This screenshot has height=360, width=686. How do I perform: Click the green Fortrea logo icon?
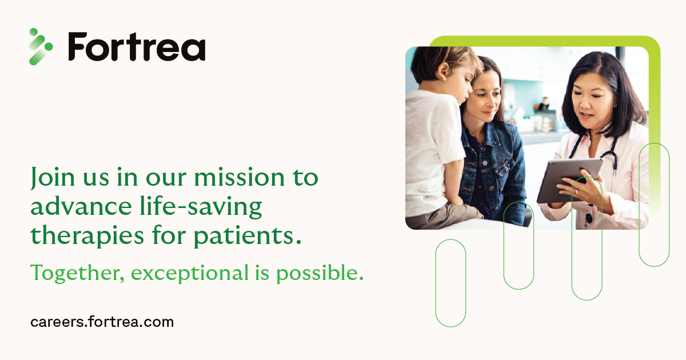41,46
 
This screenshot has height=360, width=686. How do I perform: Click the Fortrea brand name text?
137,46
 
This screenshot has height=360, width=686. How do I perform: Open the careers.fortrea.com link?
102,322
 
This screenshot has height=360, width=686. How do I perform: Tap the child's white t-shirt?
432,149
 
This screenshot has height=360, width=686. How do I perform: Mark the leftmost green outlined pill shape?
450,283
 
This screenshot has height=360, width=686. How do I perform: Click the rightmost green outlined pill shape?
654,205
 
